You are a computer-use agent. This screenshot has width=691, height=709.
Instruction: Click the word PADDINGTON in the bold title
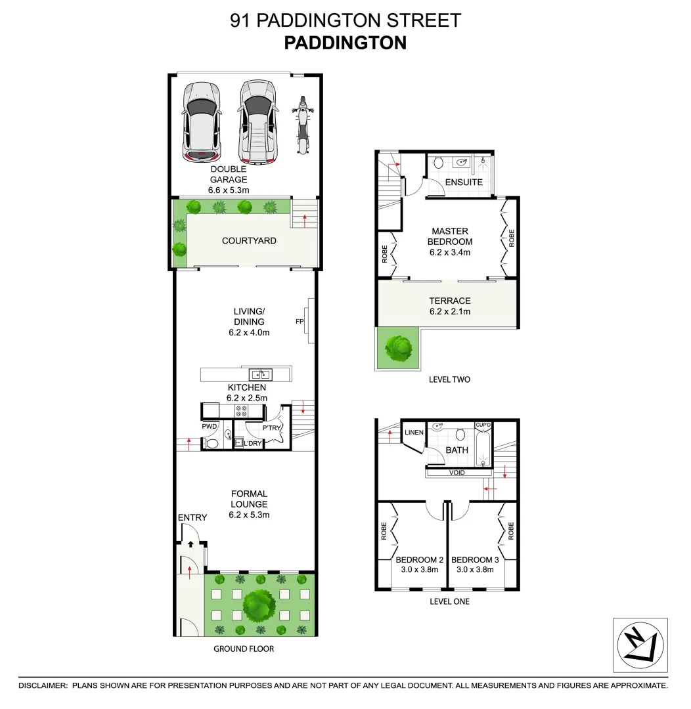click(x=345, y=43)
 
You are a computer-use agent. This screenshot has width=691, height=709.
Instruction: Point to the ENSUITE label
click(x=464, y=182)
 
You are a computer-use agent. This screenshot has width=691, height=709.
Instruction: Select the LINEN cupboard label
click(x=414, y=432)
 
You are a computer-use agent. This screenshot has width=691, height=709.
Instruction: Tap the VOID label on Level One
click(x=457, y=473)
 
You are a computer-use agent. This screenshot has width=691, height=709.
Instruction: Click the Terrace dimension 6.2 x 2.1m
click(x=450, y=312)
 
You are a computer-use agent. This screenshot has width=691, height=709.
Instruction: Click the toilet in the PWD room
click(x=212, y=444)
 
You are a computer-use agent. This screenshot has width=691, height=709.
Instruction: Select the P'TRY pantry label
click(x=273, y=428)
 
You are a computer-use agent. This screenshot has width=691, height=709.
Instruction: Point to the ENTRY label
click(x=192, y=517)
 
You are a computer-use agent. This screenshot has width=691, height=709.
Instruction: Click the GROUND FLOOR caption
click(x=244, y=649)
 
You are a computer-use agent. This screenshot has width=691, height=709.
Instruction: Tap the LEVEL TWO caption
click(x=449, y=379)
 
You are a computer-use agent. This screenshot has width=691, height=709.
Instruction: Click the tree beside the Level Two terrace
click(x=399, y=348)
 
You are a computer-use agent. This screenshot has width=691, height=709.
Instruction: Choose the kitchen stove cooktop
click(x=241, y=411)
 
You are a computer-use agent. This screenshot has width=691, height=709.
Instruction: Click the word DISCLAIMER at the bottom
click(x=43, y=685)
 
